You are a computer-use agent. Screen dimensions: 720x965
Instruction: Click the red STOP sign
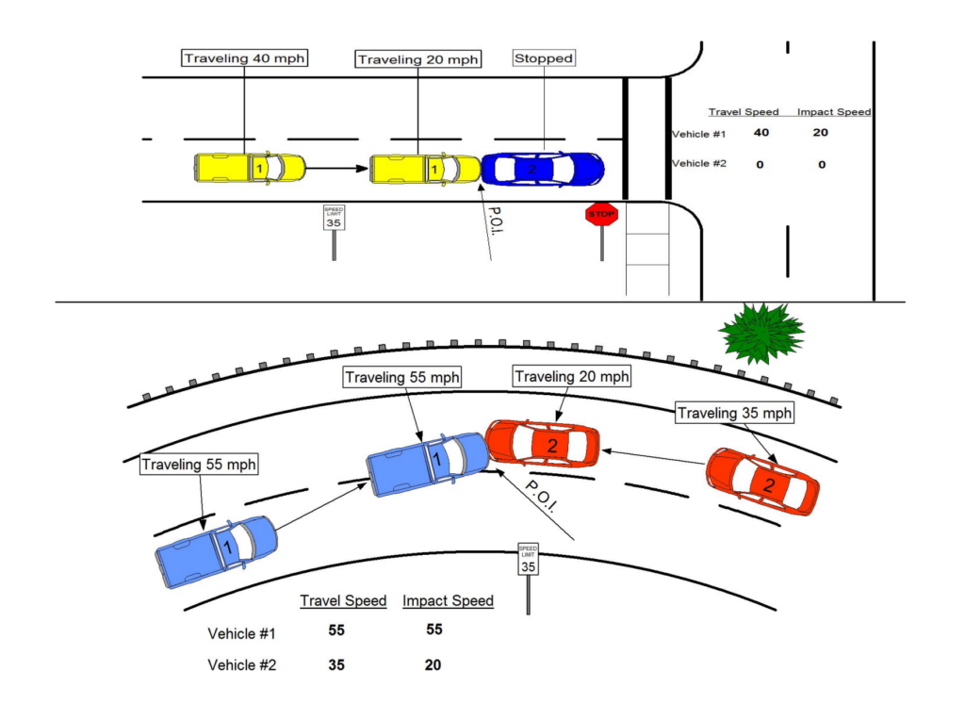pos(601,215)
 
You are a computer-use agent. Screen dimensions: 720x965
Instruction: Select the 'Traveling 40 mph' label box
pos(245,58)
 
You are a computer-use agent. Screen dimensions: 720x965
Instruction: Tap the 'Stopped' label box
pos(544,58)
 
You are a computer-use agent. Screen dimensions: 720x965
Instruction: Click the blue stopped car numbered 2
pos(543,169)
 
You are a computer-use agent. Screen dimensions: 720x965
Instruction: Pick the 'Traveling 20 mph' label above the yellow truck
pos(418,59)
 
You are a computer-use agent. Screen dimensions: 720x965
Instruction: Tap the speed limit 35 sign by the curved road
pos(528,559)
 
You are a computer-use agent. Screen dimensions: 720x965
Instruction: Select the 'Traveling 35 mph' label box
pos(735,413)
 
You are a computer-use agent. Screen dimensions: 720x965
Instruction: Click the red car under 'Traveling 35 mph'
pos(763,482)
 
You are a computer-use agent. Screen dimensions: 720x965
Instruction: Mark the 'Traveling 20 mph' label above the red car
pos(572,377)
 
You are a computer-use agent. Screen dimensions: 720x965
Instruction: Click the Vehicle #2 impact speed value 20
pos(433,664)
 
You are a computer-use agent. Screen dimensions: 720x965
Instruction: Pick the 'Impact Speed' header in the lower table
pos(448,600)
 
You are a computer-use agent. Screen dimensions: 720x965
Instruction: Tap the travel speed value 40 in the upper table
pos(761,133)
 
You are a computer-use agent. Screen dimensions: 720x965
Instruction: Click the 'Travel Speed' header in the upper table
pos(744,112)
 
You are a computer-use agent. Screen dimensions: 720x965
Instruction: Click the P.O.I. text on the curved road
pos(541,493)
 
